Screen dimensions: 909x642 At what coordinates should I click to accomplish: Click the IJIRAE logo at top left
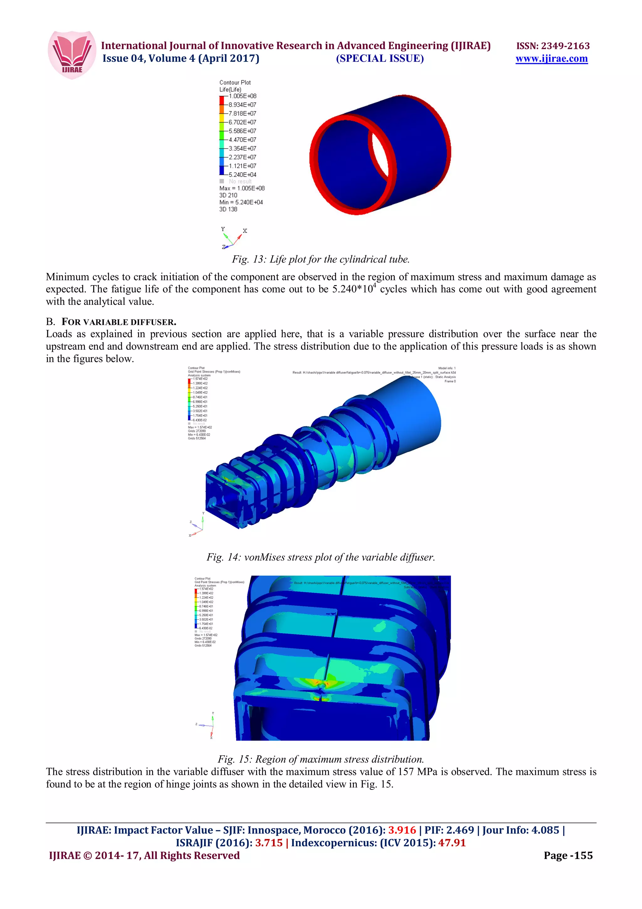point(72,55)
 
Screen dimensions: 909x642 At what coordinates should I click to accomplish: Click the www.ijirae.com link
point(551,59)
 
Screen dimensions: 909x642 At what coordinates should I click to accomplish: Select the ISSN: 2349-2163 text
point(553,46)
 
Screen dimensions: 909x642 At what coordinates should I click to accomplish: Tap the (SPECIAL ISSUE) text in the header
point(380,59)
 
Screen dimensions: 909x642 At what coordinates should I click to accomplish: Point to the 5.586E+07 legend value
point(243,131)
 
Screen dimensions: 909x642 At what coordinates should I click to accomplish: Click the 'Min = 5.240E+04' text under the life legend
point(241,202)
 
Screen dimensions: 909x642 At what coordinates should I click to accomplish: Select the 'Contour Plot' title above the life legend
point(235,82)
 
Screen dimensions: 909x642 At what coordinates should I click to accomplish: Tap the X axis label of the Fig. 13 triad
point(245,231)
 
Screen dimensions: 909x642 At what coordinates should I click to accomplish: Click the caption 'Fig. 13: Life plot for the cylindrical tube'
point(320,259)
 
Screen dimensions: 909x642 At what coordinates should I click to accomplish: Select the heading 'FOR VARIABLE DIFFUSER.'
point(119,322)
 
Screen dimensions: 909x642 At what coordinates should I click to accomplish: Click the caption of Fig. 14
point(320,557)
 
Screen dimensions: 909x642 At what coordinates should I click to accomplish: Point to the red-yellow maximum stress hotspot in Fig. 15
point(321,684)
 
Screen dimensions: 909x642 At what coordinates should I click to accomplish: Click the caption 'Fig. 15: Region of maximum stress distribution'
point(320,759)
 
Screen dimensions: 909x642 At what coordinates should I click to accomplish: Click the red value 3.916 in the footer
point(402,830)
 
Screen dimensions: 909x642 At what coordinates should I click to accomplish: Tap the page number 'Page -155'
point(568,856)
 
